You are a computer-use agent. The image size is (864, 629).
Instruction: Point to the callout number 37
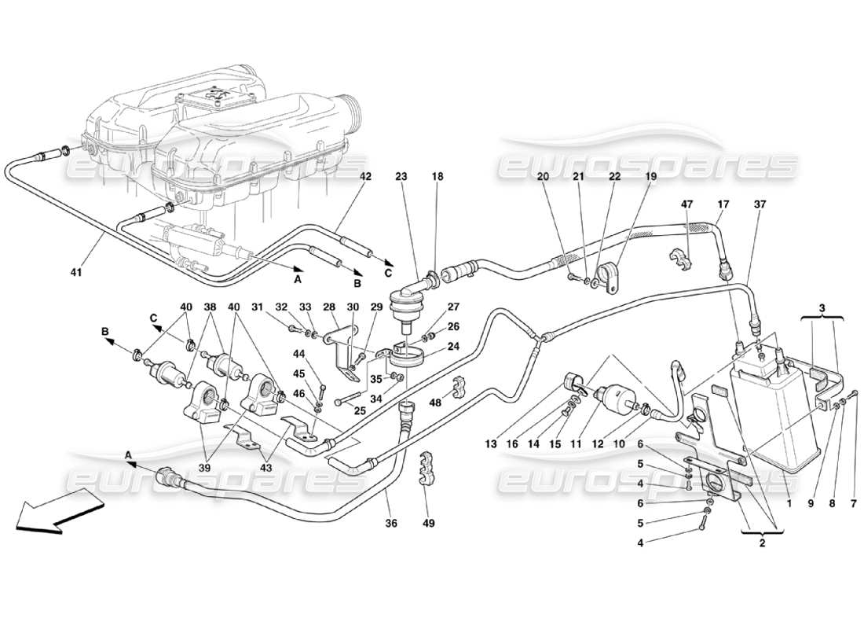[760, 204]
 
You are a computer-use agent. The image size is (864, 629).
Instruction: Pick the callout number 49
[429, 522]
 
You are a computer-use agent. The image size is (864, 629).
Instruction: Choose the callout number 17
[723, 204]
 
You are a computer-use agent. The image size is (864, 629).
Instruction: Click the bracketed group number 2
[761, 542]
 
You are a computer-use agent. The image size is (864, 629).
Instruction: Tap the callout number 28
[328, 307]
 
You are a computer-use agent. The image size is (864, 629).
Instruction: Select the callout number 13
[491, 444]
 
